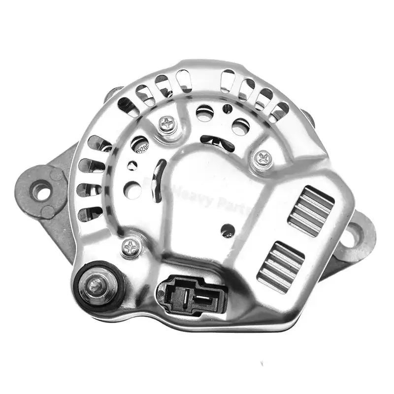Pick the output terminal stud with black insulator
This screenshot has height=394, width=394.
coord(97,284)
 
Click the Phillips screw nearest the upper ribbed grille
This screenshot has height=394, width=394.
coord(262,158)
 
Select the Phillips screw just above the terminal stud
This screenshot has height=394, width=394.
coord(130,246)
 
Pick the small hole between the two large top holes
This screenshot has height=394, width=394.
coord(227,108)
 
